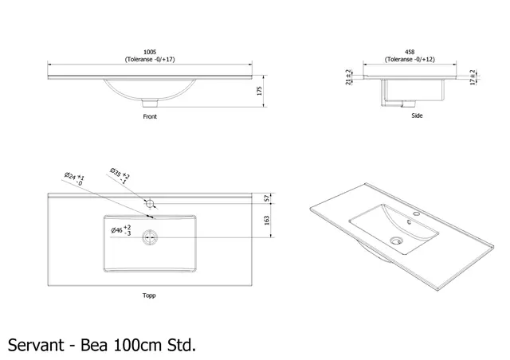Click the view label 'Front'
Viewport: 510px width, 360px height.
[150, 116]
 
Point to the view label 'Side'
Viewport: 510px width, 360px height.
[417, 115]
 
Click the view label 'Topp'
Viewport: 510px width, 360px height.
[149, 295]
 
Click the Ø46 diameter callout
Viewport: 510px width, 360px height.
[120, 231]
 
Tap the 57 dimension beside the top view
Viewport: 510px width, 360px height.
[267, 198]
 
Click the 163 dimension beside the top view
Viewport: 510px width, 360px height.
[267, 225]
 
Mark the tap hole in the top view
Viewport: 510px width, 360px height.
[150, 205]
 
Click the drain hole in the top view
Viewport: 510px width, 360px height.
[149, 236]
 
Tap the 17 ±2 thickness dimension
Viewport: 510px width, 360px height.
[473, 77]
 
